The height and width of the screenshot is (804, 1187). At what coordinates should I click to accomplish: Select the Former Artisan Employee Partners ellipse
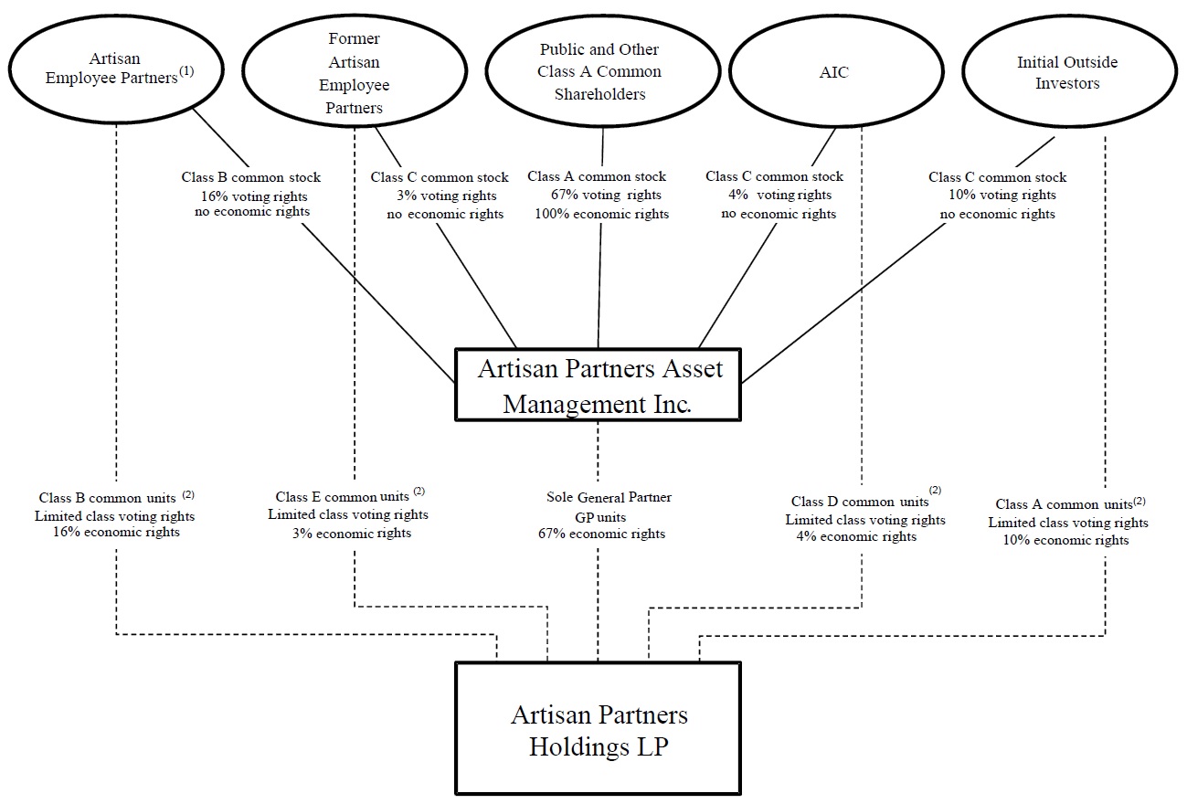coord(354,73)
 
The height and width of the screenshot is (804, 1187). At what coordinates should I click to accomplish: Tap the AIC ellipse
coord(834,73)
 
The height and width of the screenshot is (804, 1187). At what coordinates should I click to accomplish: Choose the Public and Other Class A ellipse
coord(599,71)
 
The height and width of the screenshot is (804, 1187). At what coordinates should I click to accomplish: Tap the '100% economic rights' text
coord(601,214)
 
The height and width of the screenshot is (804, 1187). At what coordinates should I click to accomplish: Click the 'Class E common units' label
coord(342,497)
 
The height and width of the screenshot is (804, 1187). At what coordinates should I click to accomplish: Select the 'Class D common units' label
coord(859,502)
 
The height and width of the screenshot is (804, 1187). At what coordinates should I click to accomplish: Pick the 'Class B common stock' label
coord(251,177)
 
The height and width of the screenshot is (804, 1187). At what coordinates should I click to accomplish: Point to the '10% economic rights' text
coord(1067,540)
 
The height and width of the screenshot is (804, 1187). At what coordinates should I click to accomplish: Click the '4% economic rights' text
coord(856,536)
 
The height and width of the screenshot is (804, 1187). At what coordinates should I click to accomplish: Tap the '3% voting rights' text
coord(447,196)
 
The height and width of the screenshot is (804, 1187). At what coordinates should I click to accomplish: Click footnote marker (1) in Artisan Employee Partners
coord(186,71)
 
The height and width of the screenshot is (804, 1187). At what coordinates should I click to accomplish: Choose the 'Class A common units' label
coord(1064,504)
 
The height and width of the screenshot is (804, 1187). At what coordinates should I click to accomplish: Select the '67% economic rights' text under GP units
coord(601,534)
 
